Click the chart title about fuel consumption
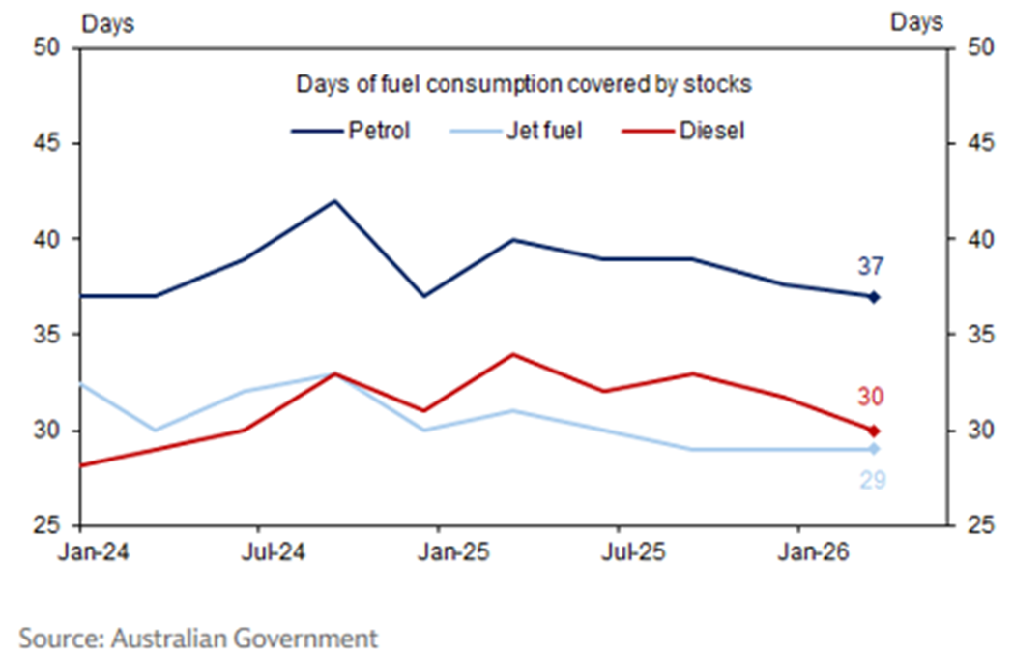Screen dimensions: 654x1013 [523, 84]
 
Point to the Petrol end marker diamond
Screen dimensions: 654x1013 [873, 297]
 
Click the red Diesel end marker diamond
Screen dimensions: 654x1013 [873, 431]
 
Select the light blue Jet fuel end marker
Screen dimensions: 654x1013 [873, 449]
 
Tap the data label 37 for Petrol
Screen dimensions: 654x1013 [872, 267]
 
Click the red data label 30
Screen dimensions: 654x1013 [872, 397]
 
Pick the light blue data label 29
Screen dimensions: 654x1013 [873, 479]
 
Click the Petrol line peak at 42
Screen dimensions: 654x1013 [334, 201]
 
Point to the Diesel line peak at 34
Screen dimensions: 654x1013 [514, 354]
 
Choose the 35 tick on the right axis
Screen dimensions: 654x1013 [974, 335]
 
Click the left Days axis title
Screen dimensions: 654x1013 [106, 23]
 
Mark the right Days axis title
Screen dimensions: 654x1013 [915, 23]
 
